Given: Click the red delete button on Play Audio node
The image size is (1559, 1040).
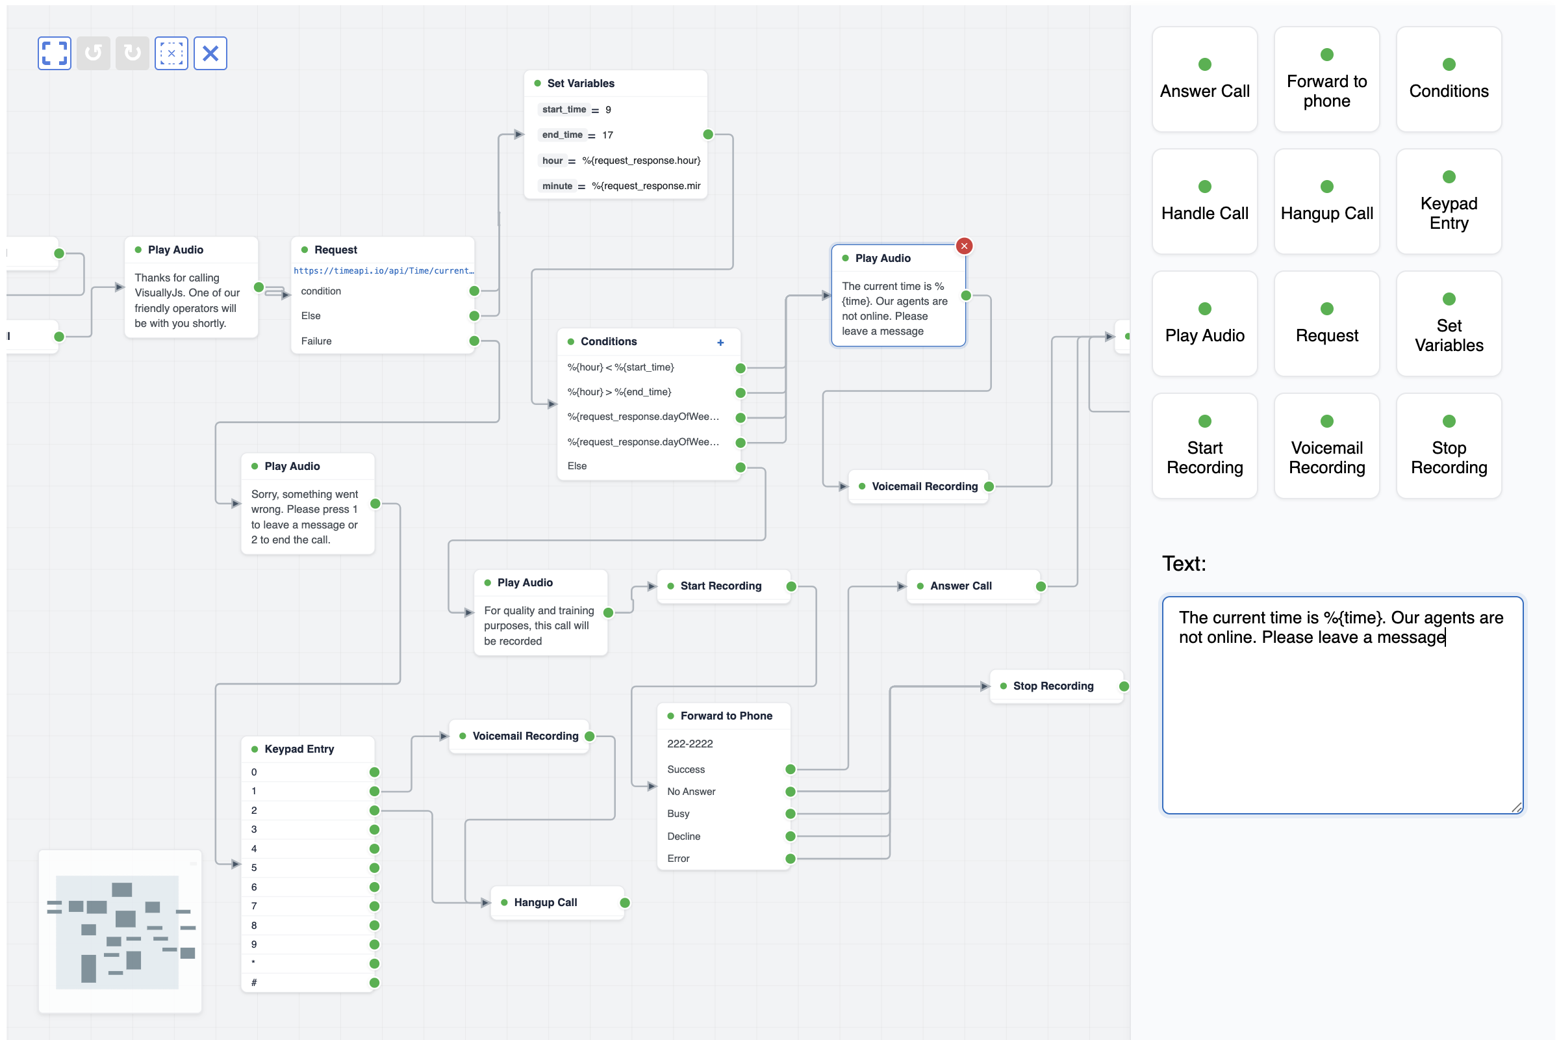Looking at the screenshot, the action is coord(965,246).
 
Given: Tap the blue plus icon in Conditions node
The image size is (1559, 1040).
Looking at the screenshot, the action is coord(721,343).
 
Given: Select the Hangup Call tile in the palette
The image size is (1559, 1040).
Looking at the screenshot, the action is coord(1328,201).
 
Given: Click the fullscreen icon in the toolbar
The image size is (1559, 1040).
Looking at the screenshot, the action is coord(55,53).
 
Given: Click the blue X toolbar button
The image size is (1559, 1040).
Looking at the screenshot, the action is coord(210,53).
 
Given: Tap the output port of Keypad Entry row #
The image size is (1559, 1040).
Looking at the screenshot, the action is coord(375,983).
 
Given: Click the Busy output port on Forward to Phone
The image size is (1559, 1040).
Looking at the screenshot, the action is coord(791,814).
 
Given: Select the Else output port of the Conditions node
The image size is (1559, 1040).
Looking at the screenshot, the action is coord(741,467).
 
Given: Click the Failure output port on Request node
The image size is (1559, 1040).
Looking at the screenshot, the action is coord(475,341).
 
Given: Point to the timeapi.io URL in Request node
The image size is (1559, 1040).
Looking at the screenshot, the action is coord(384,270).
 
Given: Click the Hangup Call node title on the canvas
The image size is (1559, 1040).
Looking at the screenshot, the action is coord(546,903).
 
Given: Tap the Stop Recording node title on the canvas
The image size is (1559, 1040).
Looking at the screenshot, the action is coord(1054,686).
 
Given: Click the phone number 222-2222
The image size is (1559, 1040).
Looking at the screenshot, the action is coord(691,744).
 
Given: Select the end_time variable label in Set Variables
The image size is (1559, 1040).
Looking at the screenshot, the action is coord(563,135).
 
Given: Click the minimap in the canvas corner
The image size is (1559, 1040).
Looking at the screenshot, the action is coord(120,932).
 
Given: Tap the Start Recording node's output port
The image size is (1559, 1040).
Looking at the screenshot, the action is coord(791,587).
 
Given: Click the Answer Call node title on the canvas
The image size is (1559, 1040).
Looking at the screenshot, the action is coord(962,586).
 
